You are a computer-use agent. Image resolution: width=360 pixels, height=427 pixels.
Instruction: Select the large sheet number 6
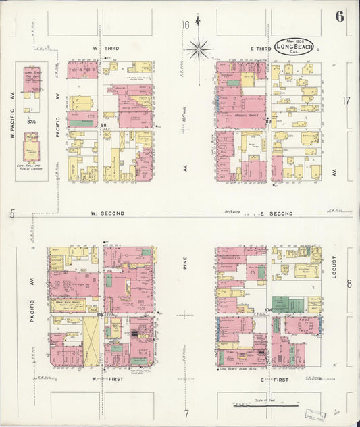(x=339, y=16)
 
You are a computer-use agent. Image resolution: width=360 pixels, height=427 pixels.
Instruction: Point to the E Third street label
(x=261, y=49)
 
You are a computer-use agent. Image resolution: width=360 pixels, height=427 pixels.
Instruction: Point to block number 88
(x=103, y=125)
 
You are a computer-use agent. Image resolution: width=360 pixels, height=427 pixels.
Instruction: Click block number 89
(x=269, y=122)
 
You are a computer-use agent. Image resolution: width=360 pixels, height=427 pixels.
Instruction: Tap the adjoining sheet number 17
(x=346, y=101)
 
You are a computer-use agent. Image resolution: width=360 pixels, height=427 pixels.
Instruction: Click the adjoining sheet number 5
(x=12, y=214)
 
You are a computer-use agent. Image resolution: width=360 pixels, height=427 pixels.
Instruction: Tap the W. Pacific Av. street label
(x=12, y=126)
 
